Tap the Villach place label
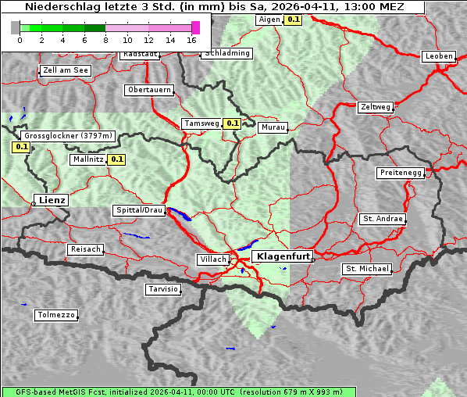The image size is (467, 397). [212, 259]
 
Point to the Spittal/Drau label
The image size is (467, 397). [140, 210]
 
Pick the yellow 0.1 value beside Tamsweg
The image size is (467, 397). [232, 123]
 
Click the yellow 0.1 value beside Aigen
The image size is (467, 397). [293, 19]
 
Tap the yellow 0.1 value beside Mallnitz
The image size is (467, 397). [117, 159]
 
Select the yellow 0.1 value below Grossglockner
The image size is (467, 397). [21, 146]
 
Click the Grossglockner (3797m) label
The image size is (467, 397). [69, 136]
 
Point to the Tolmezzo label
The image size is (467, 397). [56, 316]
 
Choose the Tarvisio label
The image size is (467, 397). [163, 289]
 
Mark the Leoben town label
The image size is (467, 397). [438, 56]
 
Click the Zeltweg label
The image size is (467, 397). [376, 106]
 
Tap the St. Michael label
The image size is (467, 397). [366, 269]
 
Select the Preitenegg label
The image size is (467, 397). [401, 173]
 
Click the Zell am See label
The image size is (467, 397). [66, 70]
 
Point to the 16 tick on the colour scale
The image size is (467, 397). [191, 40]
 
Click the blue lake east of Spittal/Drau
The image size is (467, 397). [180, 215]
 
